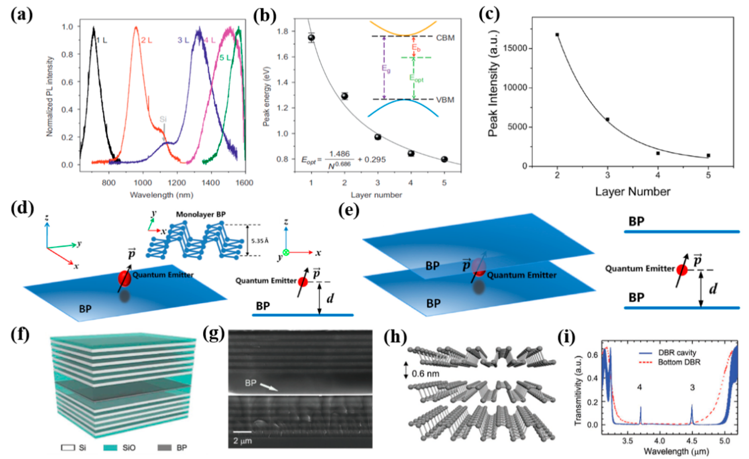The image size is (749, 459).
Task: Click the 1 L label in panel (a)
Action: tap(102, 40)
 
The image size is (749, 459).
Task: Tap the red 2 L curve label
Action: tap(147, 40)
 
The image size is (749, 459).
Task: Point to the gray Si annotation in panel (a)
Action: tap(163, 119)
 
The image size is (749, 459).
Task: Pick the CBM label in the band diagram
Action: tap(445, 38)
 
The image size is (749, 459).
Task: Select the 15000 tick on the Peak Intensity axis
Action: tap(517, 48)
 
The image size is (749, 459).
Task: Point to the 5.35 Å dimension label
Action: tap(260, 241)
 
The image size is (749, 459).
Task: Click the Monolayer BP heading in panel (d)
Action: tap(201, 214)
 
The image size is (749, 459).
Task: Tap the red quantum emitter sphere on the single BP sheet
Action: tap(124, 278)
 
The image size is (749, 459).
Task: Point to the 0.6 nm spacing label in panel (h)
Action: tap(425, 373)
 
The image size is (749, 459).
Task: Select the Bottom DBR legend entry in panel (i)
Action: tap(679, 362)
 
